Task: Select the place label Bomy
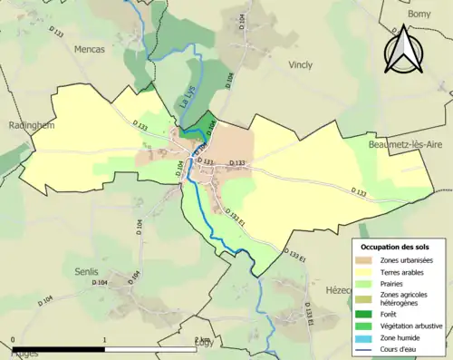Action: point(419,15)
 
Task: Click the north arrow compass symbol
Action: point(403,49)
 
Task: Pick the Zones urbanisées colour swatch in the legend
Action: point(366,261)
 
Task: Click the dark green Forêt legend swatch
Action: point(366,314)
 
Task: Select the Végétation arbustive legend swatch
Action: point(366,326)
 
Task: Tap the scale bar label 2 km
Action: point(202,341)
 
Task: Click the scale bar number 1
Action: point(105,341)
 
